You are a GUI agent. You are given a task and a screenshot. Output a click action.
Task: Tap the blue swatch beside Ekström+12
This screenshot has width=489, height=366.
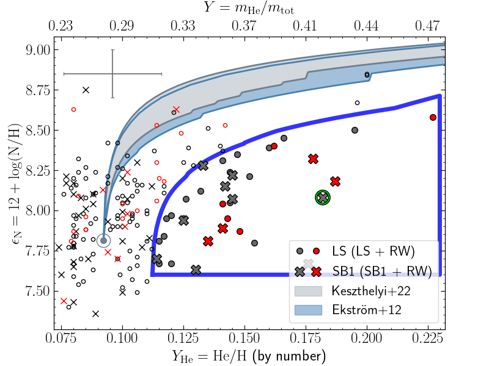pyautogui.click(x=307, y=310)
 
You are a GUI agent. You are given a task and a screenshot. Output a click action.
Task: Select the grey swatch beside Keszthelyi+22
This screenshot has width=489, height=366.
pyautogui.click(x=307, y=290)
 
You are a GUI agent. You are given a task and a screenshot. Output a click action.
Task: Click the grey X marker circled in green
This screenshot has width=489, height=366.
pyautogui.click(x=323, y=197)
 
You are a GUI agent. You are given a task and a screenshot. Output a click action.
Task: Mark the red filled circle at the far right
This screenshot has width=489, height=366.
pyautogui.click(x=433, y=117)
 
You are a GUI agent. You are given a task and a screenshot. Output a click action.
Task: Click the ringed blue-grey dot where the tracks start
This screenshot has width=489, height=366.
pyautogui.click(x=103, y=241)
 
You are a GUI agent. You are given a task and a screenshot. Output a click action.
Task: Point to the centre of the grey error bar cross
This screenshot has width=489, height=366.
pyautogui.click(x=112, y=74)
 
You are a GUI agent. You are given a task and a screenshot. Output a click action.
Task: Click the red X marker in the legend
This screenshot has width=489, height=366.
pyautogui.click(x=316, y=270)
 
